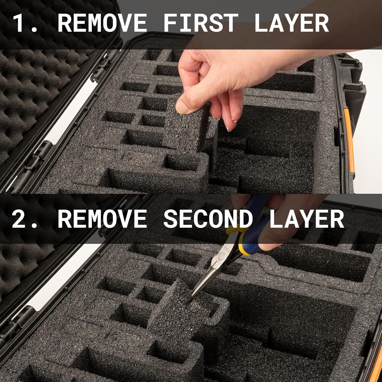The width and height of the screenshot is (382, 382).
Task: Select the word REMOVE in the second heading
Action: point(102,219)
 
